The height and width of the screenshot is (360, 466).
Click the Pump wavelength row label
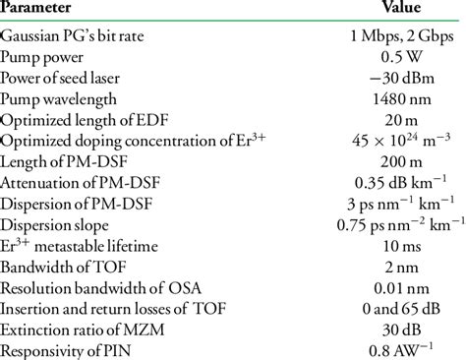59,101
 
